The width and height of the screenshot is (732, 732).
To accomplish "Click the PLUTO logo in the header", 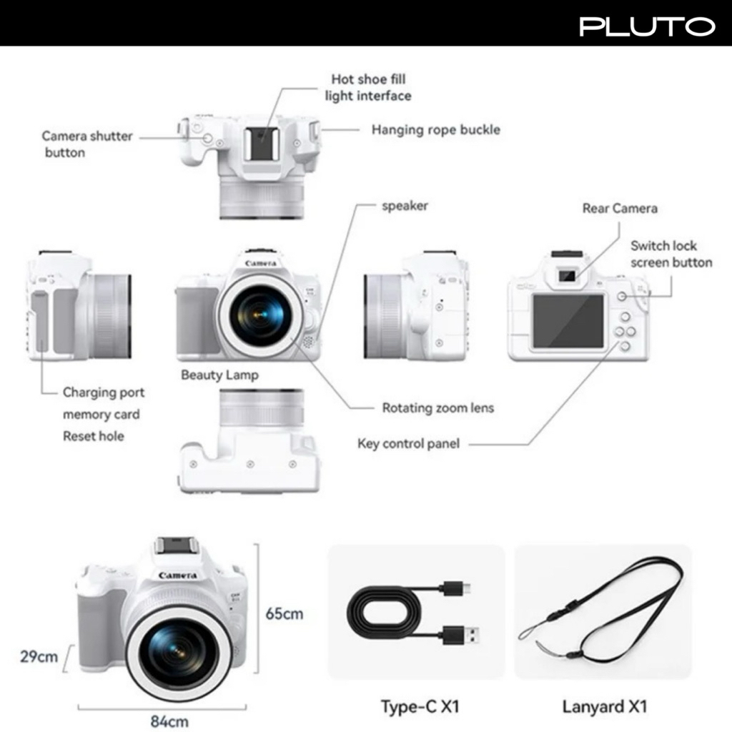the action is coord(647,26).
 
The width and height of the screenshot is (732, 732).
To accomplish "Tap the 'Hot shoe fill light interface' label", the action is coord(368,87).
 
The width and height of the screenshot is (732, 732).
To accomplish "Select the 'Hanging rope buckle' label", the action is coord(435,130).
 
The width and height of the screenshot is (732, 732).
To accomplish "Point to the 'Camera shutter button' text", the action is coord(86,144).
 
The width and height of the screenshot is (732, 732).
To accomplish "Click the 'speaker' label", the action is coord(405,206).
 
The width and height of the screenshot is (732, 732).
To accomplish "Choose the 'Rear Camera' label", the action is coord(619,209).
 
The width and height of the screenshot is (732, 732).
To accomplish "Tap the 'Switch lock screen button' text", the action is coord(671,254).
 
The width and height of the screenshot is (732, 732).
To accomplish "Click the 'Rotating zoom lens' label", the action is coord(437,408).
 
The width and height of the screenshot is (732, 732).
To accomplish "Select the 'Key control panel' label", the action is coord(408,444).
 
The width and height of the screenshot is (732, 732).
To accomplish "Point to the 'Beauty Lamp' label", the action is coord(219,375).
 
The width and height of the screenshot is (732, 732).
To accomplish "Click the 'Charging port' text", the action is coord(103,392).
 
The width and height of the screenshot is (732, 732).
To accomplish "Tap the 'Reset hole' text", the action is coord(93,436).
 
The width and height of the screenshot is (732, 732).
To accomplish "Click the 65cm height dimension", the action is coord(284,613).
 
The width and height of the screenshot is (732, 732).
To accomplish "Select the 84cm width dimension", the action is coord(169,721).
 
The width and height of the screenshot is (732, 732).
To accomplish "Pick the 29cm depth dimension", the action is coord(39,656).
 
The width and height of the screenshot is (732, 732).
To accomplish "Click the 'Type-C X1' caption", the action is coord(420,707).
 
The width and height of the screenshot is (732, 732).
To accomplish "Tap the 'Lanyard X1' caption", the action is coord(604,707).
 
